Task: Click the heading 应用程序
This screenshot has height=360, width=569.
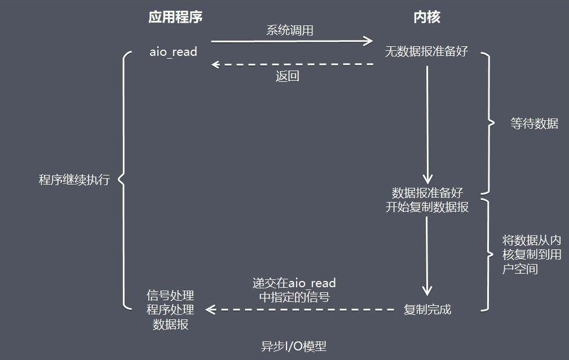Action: tap(175, 17)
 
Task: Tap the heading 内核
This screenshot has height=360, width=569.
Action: tap(427, 17)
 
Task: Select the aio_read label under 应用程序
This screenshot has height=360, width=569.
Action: tap(173, 52)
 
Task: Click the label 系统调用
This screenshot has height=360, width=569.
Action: tap(290, 30)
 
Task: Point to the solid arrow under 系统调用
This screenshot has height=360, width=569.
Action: tap(292, 41)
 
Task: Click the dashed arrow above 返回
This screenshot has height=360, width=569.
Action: tap(292, 64)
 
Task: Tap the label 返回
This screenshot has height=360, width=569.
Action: tap(287, 76)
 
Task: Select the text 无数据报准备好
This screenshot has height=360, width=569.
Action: tap(426, 51)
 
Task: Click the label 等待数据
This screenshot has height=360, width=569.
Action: tap(534, 124)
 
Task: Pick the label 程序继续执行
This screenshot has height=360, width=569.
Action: tap(74, 179)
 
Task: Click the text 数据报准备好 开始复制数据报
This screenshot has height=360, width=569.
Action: tap(427, 200)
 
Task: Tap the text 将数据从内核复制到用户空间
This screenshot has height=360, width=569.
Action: tap(532, 254)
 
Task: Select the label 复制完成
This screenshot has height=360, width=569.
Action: tap(427, 310)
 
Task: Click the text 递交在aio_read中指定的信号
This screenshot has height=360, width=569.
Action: tap(294, 290)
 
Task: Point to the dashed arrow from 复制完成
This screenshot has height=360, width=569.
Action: tap(300, 310)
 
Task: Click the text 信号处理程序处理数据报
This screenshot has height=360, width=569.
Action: tap(170, 310)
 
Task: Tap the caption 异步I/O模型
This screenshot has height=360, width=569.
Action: tap(294, 346)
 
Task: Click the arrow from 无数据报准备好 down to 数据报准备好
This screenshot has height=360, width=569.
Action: tap(427, 125)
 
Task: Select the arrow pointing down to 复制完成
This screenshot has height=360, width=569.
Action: tap(427, 256)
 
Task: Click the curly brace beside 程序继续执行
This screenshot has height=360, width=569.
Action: tap(125, 180)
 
